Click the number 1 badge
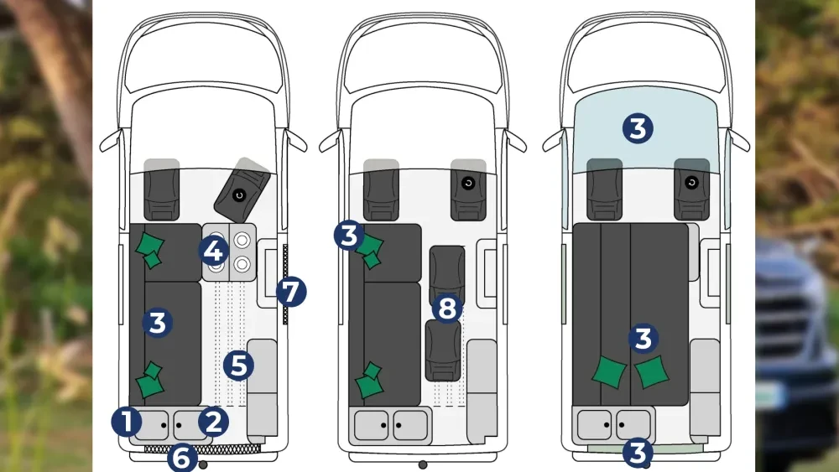(x=127, y=422)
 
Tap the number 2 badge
(x=213, y=422)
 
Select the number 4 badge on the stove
(x=213, y=250)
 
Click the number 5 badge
(x=238, y=366)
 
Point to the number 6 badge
(x=182, y=458)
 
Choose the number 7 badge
(x=291, y=291)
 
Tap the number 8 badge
(x=447, y=308)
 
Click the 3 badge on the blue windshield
(x=638, y=128)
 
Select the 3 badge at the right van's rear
(x=638, y=453)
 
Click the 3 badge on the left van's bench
(x=158, y=322)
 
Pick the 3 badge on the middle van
(x=349, y=235)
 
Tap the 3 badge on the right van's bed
(x=643, y=339)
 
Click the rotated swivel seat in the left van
(x=242, y=190)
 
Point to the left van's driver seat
(x=162, y=189)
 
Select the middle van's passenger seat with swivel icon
(x=468, y=189)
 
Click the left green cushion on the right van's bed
(x=609, y=372)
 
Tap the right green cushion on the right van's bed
(x=652, y=372)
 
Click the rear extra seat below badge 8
(x=443, y=350)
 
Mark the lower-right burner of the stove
(x=242, y=263)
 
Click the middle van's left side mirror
(x=330, y=142)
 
